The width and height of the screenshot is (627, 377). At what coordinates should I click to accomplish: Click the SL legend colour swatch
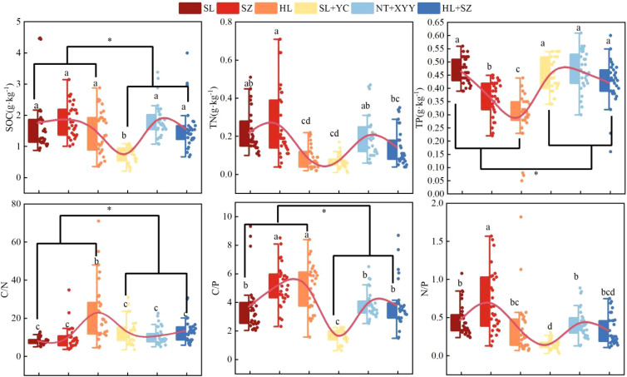click(190, 8)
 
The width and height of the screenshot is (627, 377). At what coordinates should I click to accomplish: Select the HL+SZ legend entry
click(445, 8)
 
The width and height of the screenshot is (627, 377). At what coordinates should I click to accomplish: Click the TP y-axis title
click(421, 109)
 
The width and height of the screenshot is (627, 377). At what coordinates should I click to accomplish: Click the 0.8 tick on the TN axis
click(226, 22)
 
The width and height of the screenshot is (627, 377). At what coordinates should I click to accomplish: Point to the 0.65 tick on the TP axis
click(436, 22)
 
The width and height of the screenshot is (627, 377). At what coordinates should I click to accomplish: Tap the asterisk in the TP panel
click(536, 174)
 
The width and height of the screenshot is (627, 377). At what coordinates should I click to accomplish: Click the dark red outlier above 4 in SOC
click(40, 39)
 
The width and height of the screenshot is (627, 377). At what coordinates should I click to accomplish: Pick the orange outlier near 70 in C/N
click(98, 221)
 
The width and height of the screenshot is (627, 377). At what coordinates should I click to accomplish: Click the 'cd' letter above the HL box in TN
click(305, 122)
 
